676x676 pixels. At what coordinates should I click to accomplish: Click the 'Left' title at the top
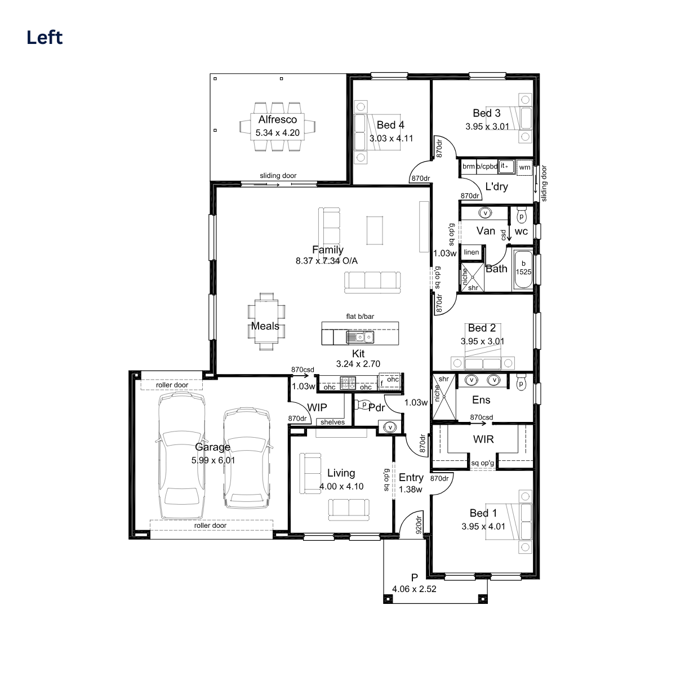pos(45,38)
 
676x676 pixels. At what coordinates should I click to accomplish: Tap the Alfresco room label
pos(278,119)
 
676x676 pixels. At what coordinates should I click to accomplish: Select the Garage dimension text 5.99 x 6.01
pos(213,460)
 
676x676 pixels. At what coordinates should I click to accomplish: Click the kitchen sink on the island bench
pos(360,337)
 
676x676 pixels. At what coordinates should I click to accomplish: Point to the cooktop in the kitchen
pos(348,383)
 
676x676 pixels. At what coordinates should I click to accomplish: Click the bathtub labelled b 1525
pos(523,269)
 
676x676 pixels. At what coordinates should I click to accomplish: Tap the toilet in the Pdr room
pos(362,405)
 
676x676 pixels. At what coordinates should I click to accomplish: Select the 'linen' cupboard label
pos(471,252)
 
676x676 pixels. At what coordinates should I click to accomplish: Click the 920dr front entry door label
pos(419,525)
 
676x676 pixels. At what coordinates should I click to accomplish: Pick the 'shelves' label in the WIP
pos(332,422)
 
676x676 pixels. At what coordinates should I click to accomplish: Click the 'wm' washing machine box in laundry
pos(524,167)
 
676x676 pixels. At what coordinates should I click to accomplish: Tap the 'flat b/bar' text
pos(360,317)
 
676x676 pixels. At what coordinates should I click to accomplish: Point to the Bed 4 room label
pos(390,125)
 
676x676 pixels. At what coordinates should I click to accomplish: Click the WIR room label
pos(483,439)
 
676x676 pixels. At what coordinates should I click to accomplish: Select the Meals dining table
pos(266,322)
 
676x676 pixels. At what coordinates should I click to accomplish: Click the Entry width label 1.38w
pos(411,490)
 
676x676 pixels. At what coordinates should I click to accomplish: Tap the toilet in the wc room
pos(521,215)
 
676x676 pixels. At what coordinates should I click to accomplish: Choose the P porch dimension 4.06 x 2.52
pos(414,589)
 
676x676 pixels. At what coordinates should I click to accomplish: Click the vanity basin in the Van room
pos(486,213)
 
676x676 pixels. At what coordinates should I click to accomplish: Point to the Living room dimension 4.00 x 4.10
pos(341,486)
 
